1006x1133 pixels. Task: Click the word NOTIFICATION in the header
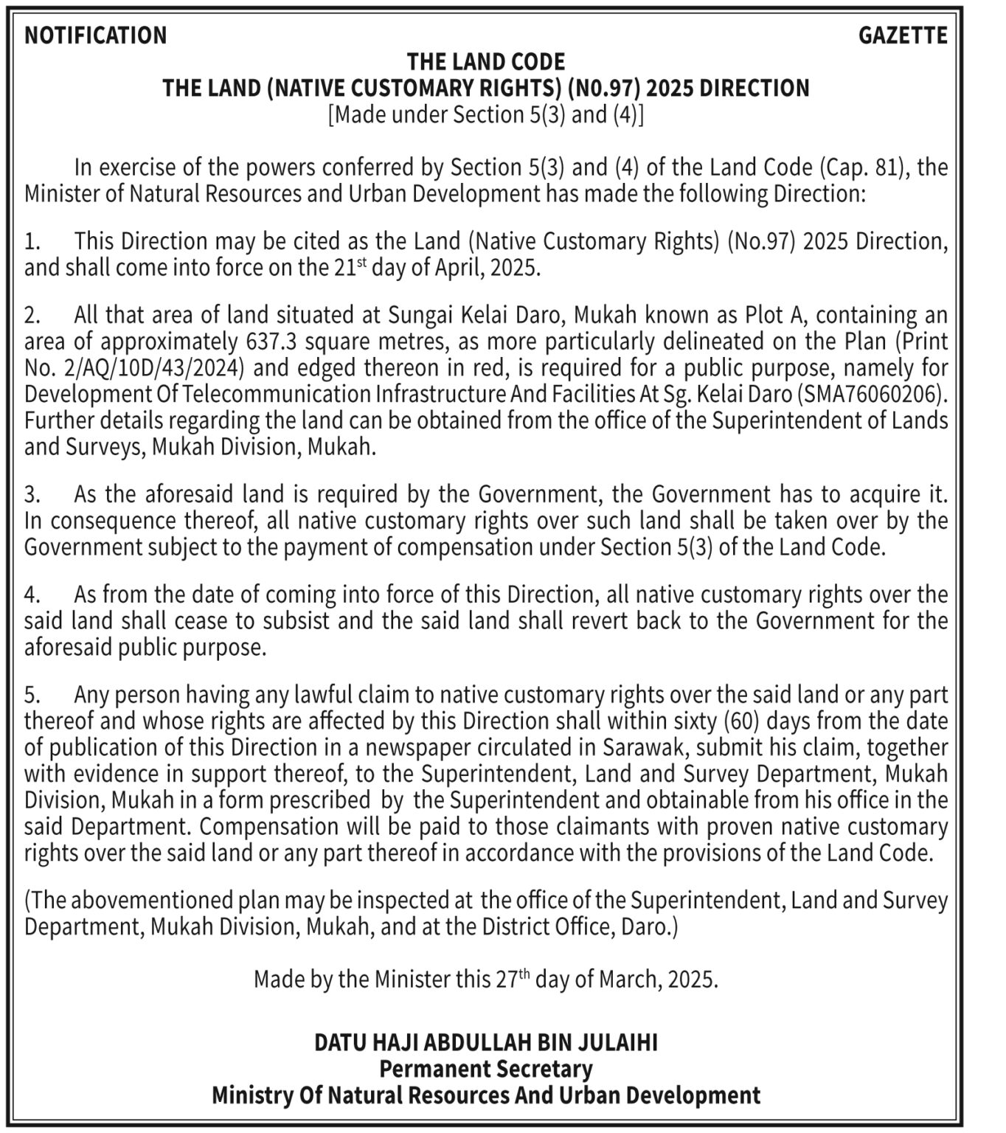point(96,35)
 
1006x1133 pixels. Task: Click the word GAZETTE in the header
point(903,35)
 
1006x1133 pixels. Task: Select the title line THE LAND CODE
point(486,62)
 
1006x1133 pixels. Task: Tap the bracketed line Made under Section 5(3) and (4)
point(486,115)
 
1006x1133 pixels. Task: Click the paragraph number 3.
point(30,494)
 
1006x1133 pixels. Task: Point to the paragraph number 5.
point(30,695)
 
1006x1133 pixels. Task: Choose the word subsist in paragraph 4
point(293,621)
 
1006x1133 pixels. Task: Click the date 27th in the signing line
point(513,979)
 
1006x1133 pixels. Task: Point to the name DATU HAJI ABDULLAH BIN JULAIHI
point(486,1042)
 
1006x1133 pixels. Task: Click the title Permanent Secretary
point(486,1069)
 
